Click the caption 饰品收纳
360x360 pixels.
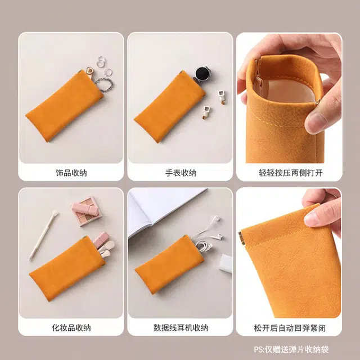coord(71,173)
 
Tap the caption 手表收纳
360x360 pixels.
coord(181,173)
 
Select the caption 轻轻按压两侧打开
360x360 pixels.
coord(291,173)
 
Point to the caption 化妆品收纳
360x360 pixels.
coord(71,327)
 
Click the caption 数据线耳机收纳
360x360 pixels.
coord(181,327)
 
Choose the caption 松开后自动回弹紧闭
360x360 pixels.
coord(290,328)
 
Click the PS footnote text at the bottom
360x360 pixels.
coord(291,349)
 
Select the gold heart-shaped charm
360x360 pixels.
coord(89,70)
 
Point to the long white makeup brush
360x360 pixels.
coord(43,235)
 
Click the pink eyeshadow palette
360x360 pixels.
coord(86,211)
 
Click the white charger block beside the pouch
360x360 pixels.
coord(226,264)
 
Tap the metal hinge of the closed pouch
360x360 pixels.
coord(241,238)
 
